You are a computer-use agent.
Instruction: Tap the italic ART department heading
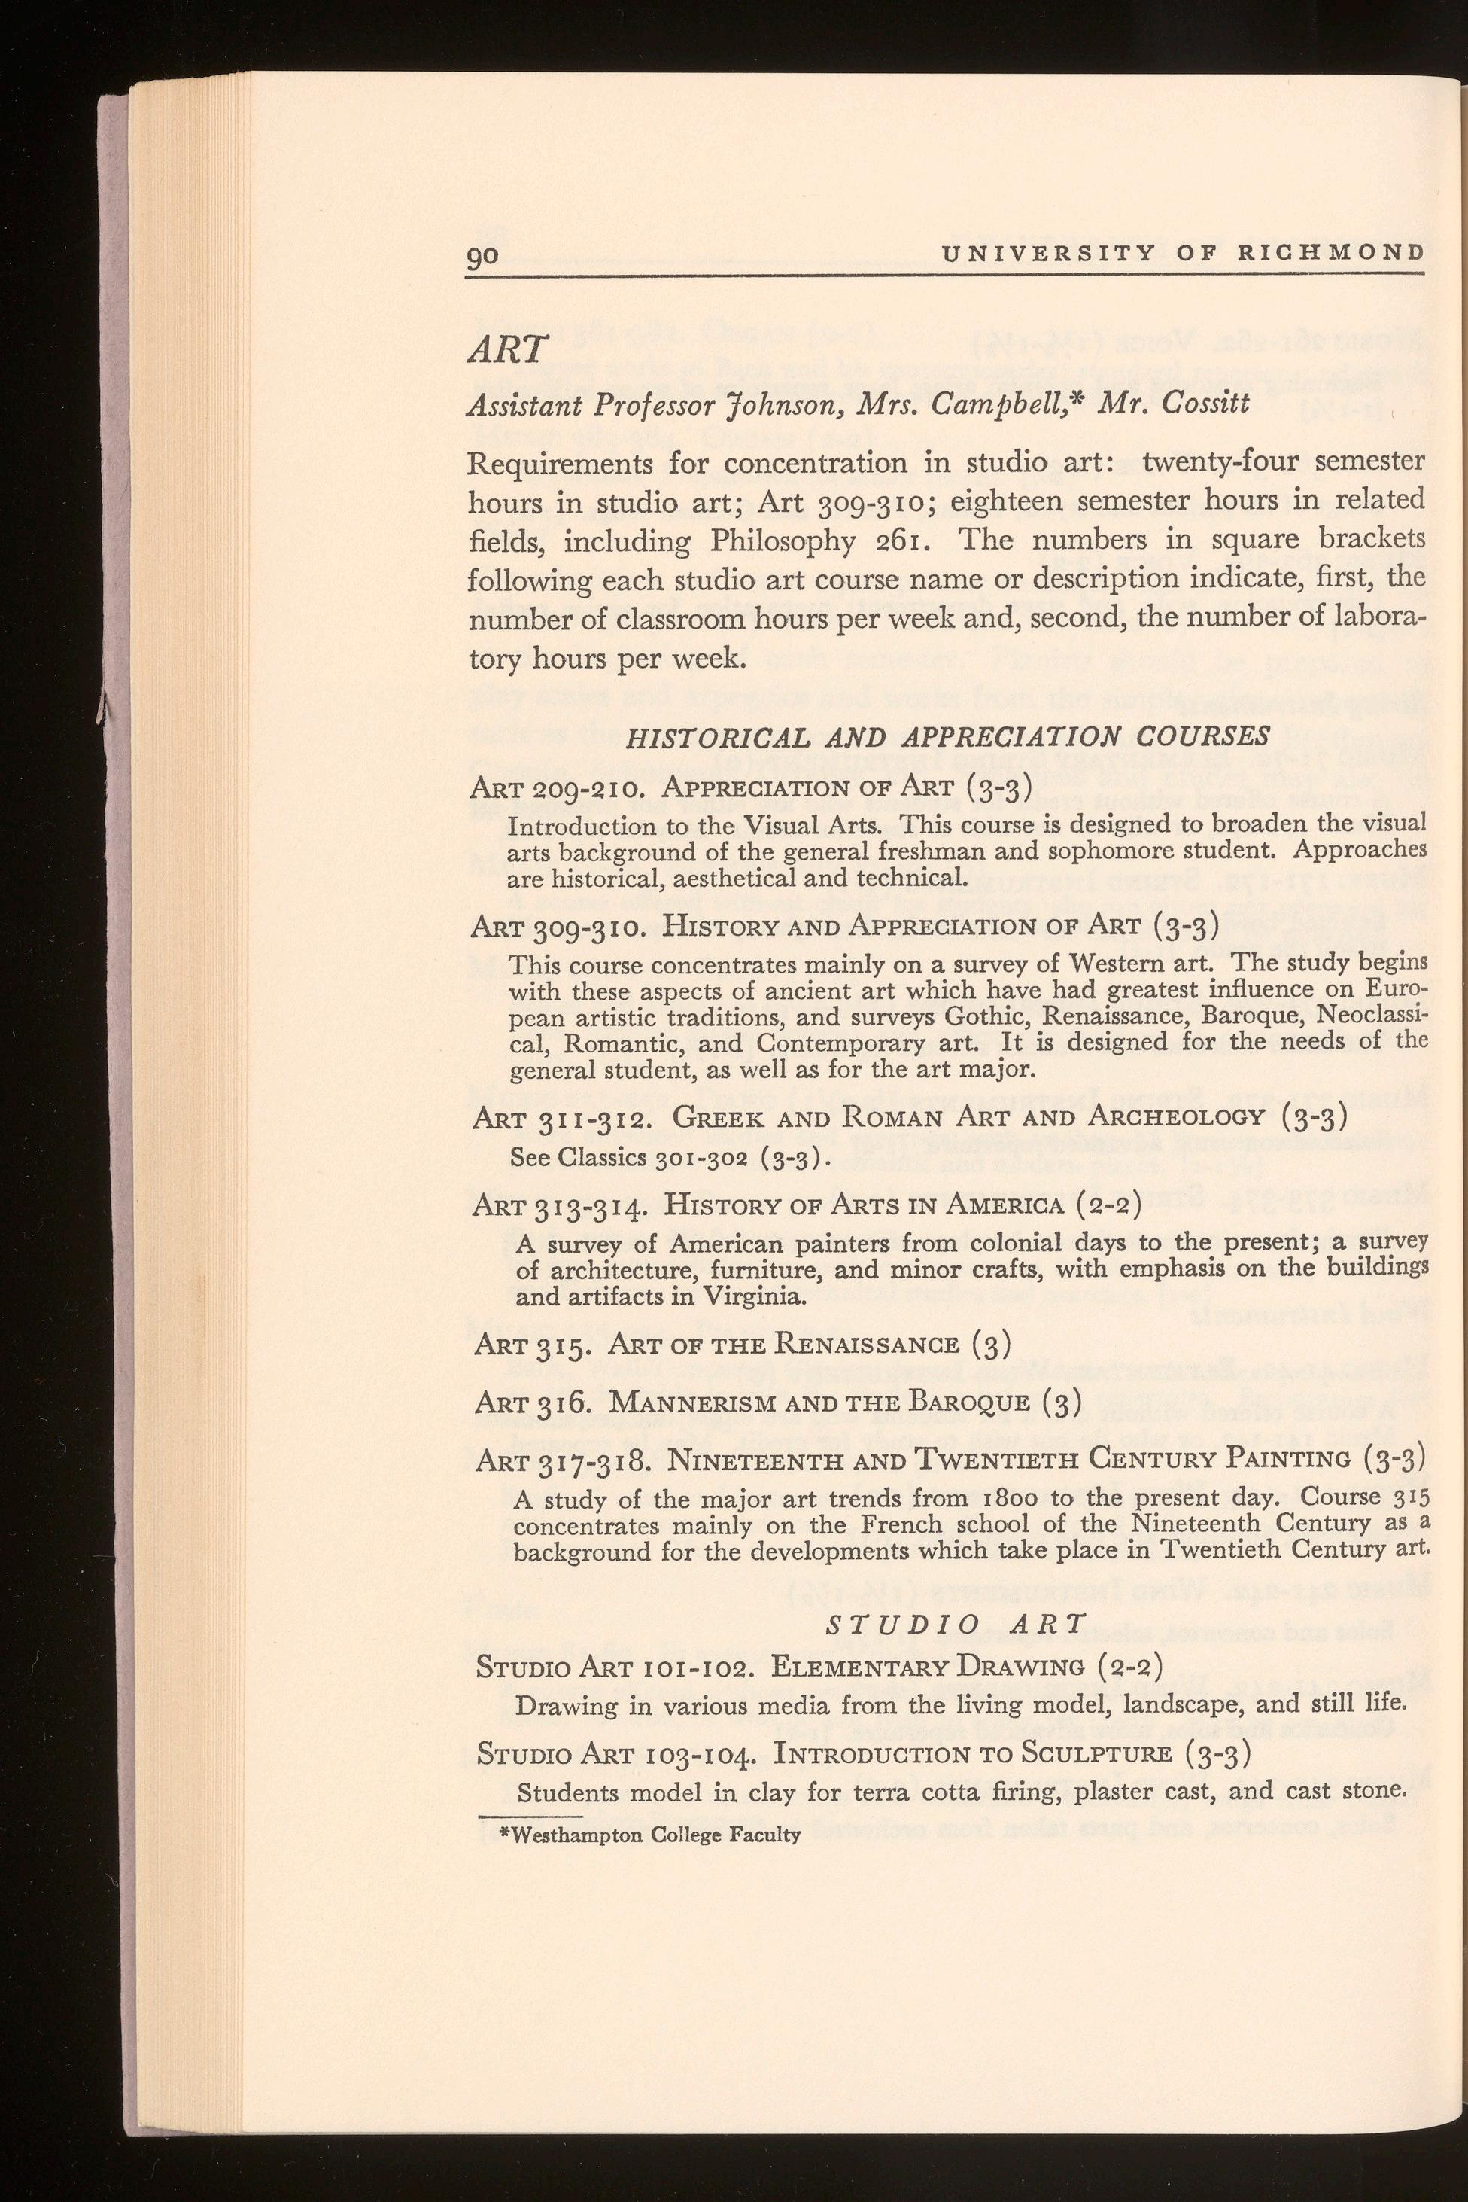[506, 350]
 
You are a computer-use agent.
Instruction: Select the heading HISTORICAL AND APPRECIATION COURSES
[947, 736]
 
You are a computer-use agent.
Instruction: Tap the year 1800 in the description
[1090, 1497]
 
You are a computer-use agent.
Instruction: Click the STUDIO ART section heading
[955, 1623]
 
